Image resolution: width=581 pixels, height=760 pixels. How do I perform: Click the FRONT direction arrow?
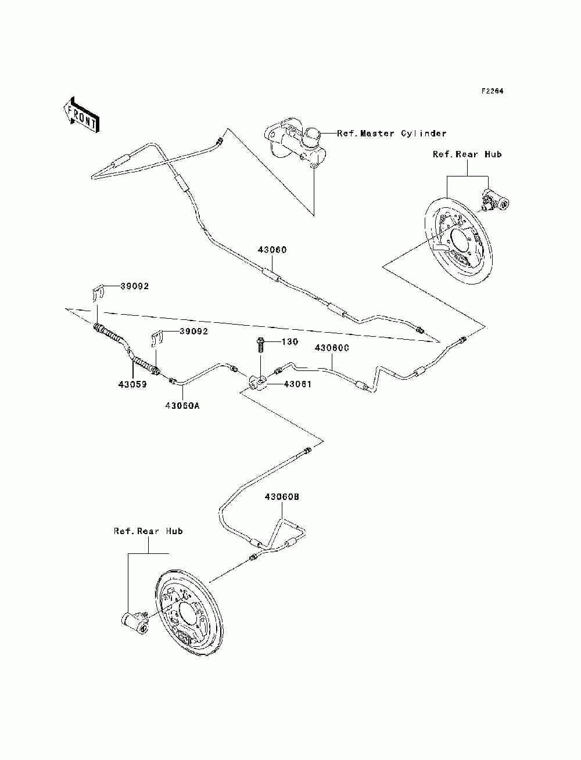click(x=81, y=114)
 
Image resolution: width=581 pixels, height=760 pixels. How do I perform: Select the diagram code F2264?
click(x=492, y=91)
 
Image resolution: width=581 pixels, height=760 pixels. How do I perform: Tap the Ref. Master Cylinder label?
click(x=392, y=134)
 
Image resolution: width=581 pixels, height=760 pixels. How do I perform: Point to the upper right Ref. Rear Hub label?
click(x=467, y=154)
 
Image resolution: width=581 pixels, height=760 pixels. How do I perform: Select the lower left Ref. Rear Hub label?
click(x=148, y=541)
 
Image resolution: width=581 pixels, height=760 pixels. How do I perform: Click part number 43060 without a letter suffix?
click(x=272, y=250)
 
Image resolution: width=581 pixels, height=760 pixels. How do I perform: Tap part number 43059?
click(x=132, y=384)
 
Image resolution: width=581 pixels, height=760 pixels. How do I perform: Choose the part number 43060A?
click(x=182, y=405)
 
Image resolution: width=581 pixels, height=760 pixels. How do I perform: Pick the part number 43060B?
click(x=282, y=497)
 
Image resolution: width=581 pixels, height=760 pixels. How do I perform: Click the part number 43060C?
click(x=332, y=348)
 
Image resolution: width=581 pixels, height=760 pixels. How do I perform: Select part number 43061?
click(x=297, y=384)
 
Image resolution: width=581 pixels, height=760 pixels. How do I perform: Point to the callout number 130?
click(x=290, y=342)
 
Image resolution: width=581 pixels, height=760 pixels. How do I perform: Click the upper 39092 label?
click(x=135, y=286)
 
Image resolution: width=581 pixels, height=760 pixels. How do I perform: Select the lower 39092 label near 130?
click(x=193, y=332)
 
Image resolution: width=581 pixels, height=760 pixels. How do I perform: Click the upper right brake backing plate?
click(x=458, y=242)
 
